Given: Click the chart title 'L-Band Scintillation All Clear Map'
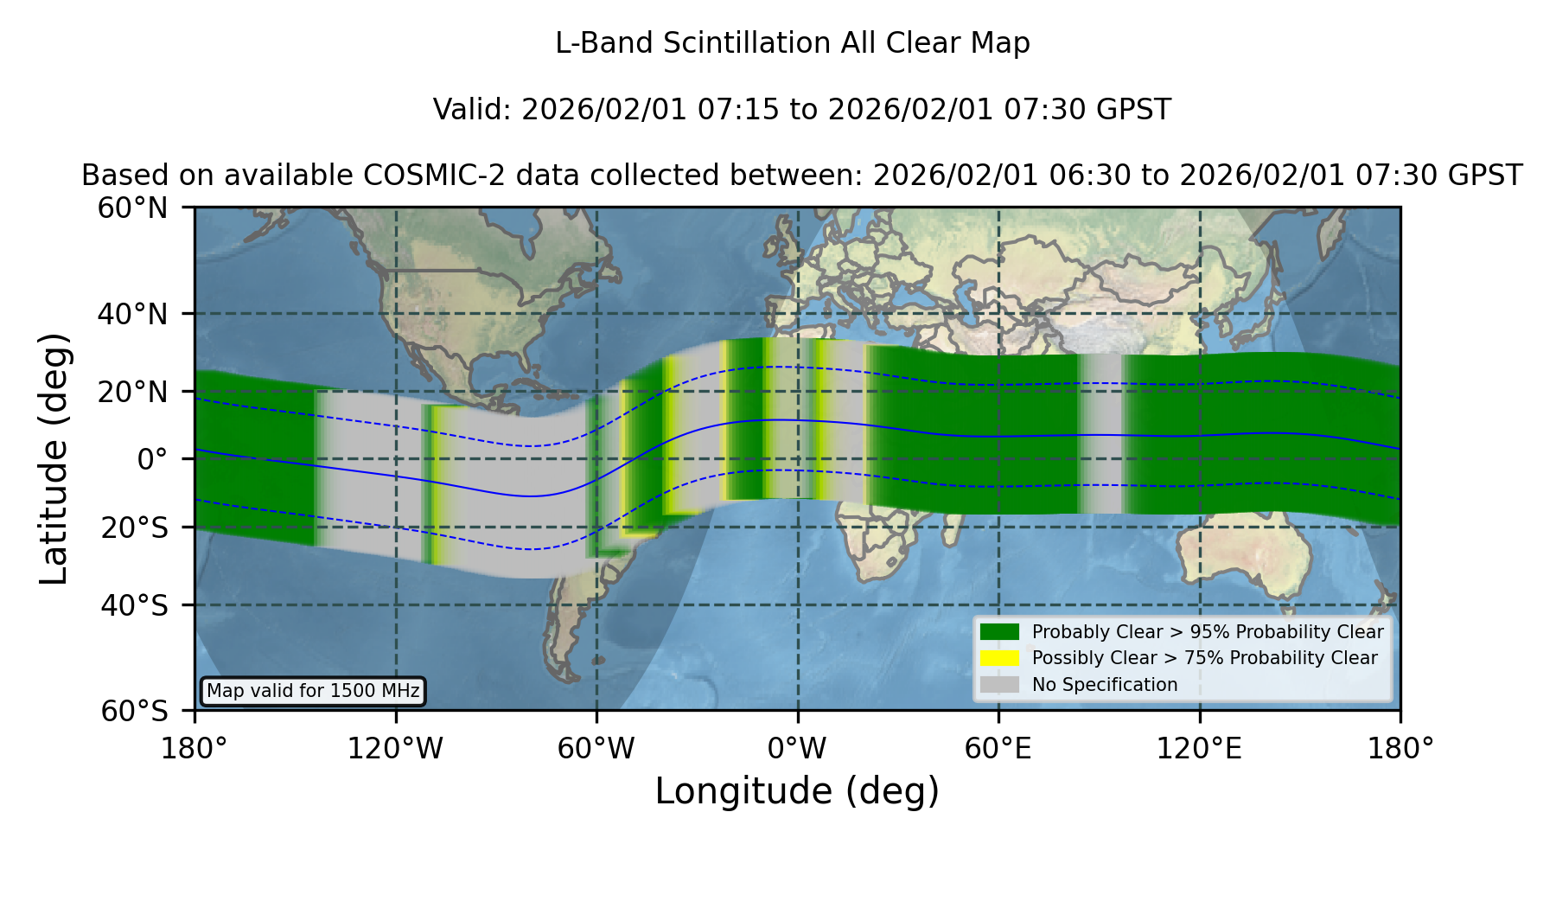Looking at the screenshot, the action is (x=792, y=43).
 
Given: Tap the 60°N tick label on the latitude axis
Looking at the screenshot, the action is (x=133, y=208).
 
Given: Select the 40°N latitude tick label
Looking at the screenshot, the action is (x=133, y=314).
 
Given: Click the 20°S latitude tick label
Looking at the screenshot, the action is (x=135, y=527).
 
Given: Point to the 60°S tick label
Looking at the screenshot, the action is (x=135, y=711).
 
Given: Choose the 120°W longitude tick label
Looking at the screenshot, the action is (x=395, y=749).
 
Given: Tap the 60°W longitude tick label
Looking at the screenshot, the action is (x=596, y=749).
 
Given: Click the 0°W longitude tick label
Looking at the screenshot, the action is (x=797, y=749).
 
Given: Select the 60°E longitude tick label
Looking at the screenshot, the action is (x=998, y=749).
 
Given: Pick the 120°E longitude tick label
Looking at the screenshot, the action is (x=1199, y=749).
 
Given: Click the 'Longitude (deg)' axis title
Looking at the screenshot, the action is (x=797, y=792).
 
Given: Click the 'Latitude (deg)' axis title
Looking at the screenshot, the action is (x=54, y=458).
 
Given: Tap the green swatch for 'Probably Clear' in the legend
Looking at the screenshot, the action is (x=999, y=631).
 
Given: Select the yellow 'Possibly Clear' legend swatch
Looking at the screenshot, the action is (x=999, y=658).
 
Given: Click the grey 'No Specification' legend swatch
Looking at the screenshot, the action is (x=999, y=685).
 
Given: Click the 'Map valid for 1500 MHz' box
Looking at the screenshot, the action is (x=313, y=691).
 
